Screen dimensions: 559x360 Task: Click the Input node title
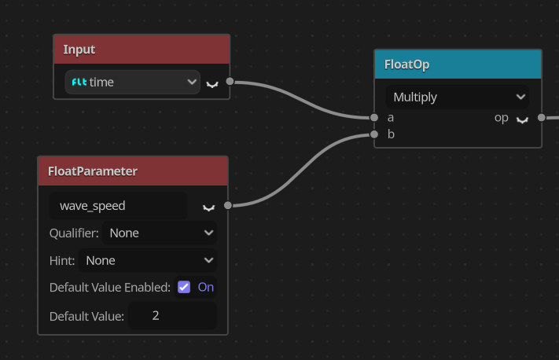click(x=79, y=50)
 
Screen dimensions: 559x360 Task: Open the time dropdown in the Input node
click(x=133, y=83)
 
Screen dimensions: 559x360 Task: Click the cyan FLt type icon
click(x=79, y=83)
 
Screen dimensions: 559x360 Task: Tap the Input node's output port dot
click(x=230, y=81)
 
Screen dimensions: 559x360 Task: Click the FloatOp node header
click(x=458, y=64)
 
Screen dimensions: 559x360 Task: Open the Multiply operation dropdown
click(x=458, y=97)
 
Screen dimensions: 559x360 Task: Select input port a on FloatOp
click(x=374, y=117)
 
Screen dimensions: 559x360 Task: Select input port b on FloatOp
click(x=374, y=134)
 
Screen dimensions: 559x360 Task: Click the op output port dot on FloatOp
click(x=542, y=117)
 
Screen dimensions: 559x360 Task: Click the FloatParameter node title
click(x=93, y=171)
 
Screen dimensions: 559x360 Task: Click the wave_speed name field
click(x=118, y=206)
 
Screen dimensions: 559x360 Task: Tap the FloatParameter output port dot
click(x=228, y=205)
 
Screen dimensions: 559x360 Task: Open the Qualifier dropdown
click(x=160, y=233)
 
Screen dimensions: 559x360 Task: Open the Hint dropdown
click(x=148, y=260)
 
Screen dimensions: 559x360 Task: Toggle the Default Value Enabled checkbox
click(x=184, y=287)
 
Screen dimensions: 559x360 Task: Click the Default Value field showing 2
click(x=172, y=316)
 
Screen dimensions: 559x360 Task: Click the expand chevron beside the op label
click(x=522, y=120)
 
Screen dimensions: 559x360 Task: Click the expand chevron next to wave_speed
click(x=208, y=208)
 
